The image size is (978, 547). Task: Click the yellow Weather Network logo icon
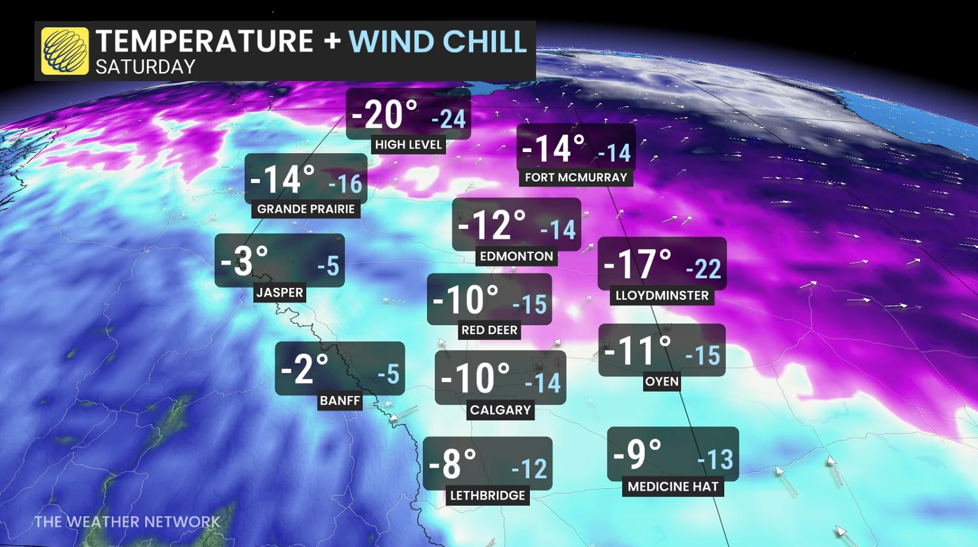[x=65, y=51]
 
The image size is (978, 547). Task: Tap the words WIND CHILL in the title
[x=438, y=41]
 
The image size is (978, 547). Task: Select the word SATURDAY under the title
[x=145, y=67]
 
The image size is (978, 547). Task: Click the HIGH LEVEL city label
[x=409, y=145]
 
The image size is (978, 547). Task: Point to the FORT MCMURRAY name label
[x=576, y=178]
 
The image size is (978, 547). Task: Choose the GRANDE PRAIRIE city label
[x=306, y=209]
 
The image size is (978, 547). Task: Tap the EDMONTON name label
[x=516, y=256]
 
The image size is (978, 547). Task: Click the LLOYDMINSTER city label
[x=662, y=296]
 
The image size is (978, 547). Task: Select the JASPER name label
[x=279, y=292]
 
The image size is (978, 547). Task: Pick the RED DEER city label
[x=489, y=330]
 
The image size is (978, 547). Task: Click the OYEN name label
[x=662, y=382]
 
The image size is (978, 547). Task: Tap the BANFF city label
[x=340, y=401]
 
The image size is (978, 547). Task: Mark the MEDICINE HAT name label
[x=673, y=487]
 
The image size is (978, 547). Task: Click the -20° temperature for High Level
[x=384, y=115]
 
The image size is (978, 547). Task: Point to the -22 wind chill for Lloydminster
[x=704, y=269]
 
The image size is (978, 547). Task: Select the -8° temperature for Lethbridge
[x=452, y=464]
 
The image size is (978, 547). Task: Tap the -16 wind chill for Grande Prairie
[x=345, y=184]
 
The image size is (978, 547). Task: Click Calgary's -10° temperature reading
[x=475, y=378]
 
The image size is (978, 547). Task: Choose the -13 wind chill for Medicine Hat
[x=715, y=460]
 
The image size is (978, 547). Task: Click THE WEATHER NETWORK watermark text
[x=127, y=522]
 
